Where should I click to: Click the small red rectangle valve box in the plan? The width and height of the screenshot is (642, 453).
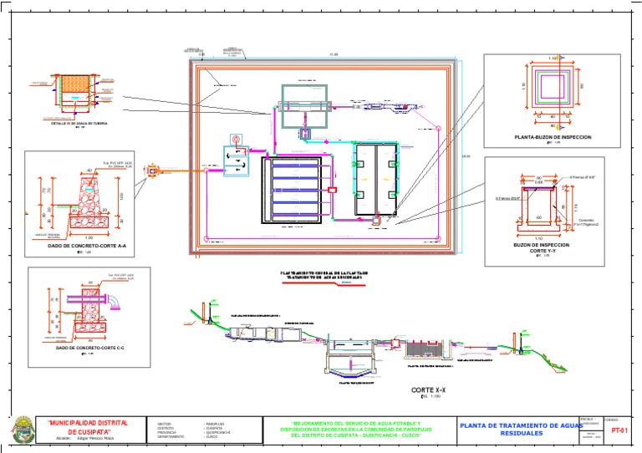[x=332, y=190]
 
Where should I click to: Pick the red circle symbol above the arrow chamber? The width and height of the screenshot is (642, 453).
[x=236, y=139]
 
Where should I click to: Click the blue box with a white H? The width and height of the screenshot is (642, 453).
[x=305, y=133]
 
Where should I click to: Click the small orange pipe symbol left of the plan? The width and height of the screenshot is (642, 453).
[x=152, y=171]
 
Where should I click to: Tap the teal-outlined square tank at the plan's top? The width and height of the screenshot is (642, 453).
[x=299, y=104]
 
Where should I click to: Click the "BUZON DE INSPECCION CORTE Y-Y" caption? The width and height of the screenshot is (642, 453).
[x=541, y=248]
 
